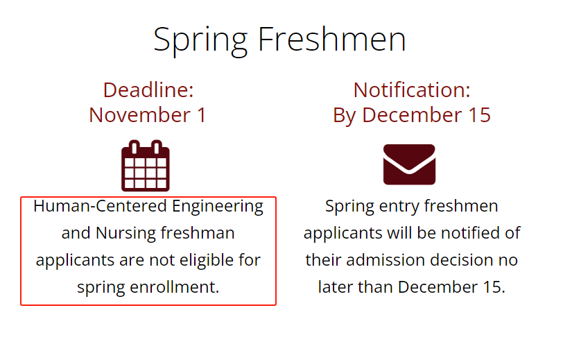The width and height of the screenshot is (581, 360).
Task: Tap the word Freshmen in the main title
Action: coord(332,39)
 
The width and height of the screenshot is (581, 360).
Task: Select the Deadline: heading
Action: coord(148,89)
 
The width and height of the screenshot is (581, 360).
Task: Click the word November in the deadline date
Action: coord(139,114)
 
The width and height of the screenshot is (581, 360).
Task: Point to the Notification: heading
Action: coord(412,89)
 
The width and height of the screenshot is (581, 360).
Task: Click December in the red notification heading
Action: coord(412,114)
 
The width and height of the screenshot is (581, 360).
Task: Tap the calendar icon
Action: coord(146,166)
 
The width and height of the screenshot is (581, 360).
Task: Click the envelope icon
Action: coord(409,164)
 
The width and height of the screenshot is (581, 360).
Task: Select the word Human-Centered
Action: coord(100,206)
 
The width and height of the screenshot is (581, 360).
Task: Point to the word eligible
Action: coord(207,261)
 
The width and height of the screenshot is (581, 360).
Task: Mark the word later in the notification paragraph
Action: coord(336,287)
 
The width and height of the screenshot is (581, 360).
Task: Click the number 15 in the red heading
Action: coord(480,114)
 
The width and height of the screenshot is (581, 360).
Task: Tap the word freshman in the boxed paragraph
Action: coord(198,233)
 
